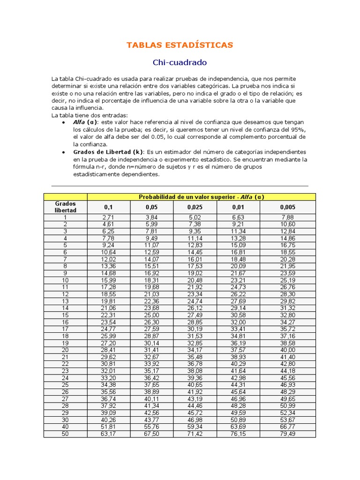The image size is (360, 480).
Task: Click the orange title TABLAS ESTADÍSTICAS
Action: point(180,45)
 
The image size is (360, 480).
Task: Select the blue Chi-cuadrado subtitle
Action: point(180,62)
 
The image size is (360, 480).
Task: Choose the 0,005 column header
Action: point(288,207)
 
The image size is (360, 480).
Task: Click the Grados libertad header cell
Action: point(66,207)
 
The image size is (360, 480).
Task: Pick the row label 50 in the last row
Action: point(66,434)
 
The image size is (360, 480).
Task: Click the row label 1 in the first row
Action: point(66,217)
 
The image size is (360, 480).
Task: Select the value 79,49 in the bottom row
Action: point(288,434)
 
